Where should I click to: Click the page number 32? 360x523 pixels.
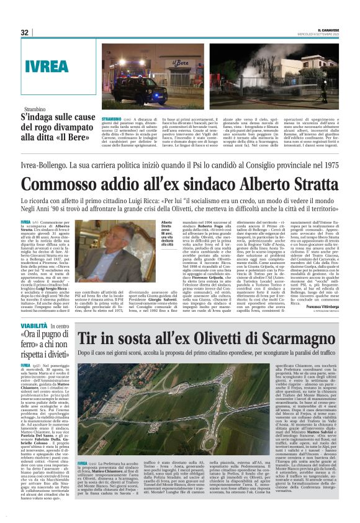24,32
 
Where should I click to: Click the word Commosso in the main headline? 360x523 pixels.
61,168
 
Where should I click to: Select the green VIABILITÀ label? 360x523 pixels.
34,325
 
